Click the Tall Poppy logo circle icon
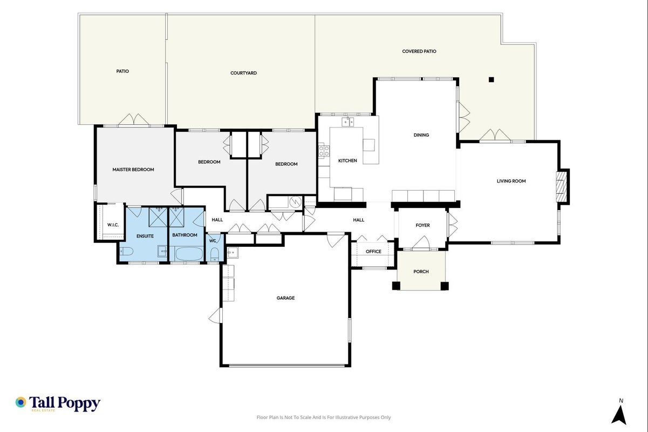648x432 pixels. pyautogui.click(x=21, y=402)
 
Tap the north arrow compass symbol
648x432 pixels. pyautogui.click(x=619, y=415)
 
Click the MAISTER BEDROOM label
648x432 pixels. pyautogui.click(x=133, y=170)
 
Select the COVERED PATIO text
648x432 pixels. pyautogui.click(x=419, y=51)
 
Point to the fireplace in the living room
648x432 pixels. pyautogui.click(x=561, y=186)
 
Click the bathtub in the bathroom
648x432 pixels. pyautogui.click(x=189, y=254)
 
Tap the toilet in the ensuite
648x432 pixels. pyautogui.click(x=126, y=251)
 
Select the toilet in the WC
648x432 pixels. pyautogui.click(x=214, y=254)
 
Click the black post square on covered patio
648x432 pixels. pyautogui.click(x=491, y=79)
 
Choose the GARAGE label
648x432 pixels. pyautogui.click(x=285, y=298)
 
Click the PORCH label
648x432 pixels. pyautogui.click(x=421, y=272)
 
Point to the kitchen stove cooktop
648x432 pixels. pyautogui.click(x=324, y=151)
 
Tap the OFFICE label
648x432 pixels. pyautogui.click(x=373, y=252)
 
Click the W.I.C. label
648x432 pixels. pyautogui.click(x=113, y=225)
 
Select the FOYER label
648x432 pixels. pyautogui.click(x=422, y=225)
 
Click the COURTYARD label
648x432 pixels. pyautogui.click(x=243, y=73)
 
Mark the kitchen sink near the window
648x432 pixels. pyautogui.click(x=347, y=122)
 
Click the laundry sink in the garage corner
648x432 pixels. pyautogui.click(x=233, y=253)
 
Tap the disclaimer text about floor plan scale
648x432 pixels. pyautogui.click(x=324, y=417)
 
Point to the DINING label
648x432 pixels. pyautogui.click(x=421, y=135)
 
